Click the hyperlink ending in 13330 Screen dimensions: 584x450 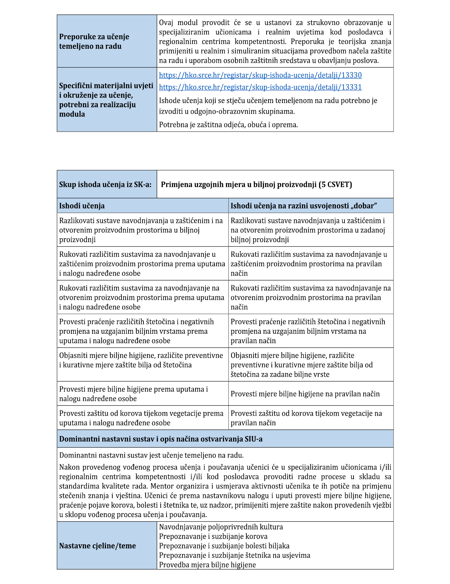click(x=260, y=75)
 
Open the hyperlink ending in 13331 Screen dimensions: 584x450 click(x=260, y=87)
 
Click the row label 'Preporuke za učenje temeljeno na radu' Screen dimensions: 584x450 click(x=94, y=41)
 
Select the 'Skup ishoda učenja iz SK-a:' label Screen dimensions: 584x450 click(x=105, y=185)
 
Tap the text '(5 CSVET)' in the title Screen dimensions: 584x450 click(x=335, y=185)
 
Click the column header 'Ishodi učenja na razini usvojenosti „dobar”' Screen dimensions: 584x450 click(x=304, y=206)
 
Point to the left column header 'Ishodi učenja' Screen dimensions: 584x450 click(x=82, y=206)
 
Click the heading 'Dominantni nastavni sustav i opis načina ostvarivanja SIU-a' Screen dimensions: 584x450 click(x=161, y=439)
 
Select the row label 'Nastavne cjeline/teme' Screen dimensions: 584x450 click(x=97, y=546)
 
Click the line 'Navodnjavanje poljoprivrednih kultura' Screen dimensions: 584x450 click(x=221, y=527)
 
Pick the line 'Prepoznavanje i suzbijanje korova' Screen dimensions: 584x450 click(x=213, y=536)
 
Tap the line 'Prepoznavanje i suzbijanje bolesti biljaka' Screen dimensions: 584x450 click(x=224, y=546)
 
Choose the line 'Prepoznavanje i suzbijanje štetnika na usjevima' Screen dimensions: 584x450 click(x=234, y=555)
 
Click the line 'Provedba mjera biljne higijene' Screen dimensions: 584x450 click(x=207, y=565)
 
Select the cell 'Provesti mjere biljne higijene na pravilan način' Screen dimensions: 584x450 click(x=305, y=394)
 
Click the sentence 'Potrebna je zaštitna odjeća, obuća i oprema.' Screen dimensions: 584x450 click(x=228, y=125)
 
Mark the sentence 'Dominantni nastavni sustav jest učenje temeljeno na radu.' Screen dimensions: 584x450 click(x=151, y=455)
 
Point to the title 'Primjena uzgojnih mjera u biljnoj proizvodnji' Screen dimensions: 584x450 click(x=239, y=185)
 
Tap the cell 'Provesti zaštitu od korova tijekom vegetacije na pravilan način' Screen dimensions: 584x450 click(x=306, y=418)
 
